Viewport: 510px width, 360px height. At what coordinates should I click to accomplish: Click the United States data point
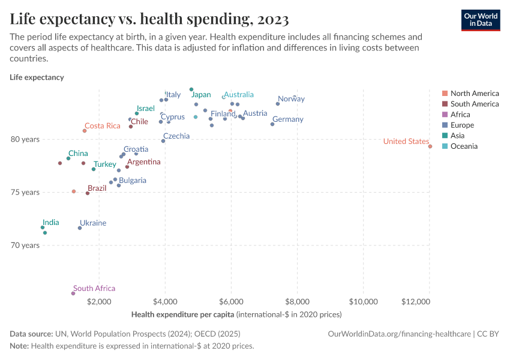[x=430, y=146]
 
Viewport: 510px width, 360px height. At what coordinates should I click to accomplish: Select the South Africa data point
[x=73, y=293]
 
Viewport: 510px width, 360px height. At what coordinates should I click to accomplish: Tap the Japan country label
[x=201, y=95]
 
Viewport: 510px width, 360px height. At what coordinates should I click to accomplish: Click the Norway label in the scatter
[x=291, y=99]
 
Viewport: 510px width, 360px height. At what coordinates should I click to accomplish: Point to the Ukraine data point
[x=80, y=228]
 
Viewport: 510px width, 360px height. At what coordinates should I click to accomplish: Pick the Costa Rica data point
[x=85, y=131]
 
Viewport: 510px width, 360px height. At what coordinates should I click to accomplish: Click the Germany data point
[x=272, y=124]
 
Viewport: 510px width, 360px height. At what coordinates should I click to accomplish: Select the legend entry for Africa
[x=460, y=115]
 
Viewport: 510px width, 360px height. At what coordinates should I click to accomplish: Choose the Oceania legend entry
[x=464, y=146]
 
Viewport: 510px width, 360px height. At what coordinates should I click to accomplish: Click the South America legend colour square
[x=444, y=104]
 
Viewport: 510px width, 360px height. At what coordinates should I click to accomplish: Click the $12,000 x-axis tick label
[x=428, y=301]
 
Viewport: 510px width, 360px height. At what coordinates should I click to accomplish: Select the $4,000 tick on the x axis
[x=165, y=301]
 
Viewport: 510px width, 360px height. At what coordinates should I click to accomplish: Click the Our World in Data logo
[x=480, y=20]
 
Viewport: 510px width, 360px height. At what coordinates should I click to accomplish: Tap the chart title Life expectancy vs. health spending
[x=149, y=19]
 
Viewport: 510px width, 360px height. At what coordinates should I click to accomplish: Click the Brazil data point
[x=88, y=193]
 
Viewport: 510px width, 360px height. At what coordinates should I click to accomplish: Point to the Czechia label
[x=176, y=136]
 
